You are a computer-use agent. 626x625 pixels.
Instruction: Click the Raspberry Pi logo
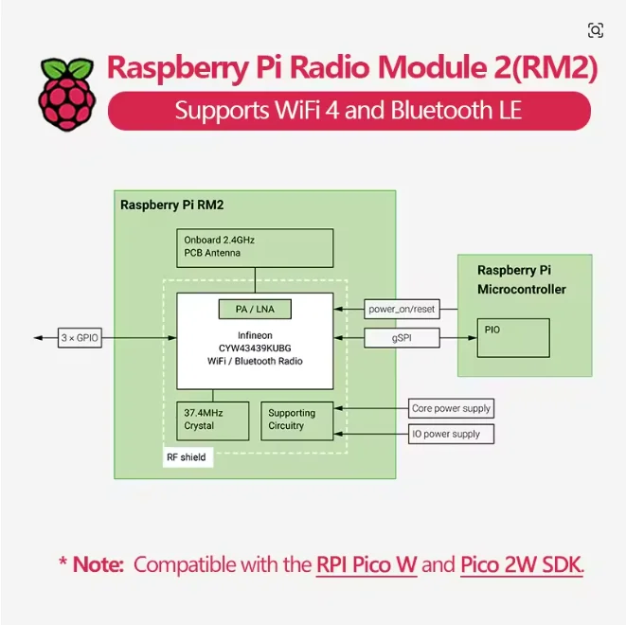click(x=67, y=94)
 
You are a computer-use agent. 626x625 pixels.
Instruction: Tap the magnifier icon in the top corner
click(x=596, y=30)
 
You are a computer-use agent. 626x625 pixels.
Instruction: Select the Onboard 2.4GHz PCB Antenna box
click(x=255, y=248)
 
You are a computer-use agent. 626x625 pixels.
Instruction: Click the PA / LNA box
click(x=255, y=309)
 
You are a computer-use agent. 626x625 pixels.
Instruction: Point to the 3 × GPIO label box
click(x=80, y=338)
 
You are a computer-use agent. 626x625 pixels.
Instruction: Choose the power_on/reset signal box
click(x=402, y=309)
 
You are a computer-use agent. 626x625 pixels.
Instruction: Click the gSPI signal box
click(x=402, y=338)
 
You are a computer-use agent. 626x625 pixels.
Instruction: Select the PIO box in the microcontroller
click(x=513, y=338)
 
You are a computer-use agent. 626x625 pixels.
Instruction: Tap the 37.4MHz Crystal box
click(x=213, y=421)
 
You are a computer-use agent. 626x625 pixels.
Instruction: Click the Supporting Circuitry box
click(x=297, y=421)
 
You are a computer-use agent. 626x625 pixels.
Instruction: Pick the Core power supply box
click(x=451, y=408)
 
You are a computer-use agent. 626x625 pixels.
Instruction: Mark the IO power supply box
click(x=451, y=434)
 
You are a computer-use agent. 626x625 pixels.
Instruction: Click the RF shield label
click(x=188, y=457)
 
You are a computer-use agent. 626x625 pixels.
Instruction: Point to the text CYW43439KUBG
click(x=255, y=348)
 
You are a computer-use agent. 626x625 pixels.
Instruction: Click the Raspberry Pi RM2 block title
click(x=171, y=205)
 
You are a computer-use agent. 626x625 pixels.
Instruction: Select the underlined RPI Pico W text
click(x=367, y=564)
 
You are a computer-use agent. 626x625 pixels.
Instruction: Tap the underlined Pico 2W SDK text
click(x=521, y=564)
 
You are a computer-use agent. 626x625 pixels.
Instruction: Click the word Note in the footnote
click(x=98, y=564)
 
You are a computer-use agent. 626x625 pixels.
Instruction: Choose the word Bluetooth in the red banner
click(x=441, y=110)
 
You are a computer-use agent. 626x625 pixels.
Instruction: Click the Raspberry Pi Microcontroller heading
click(x=522, y=279)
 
